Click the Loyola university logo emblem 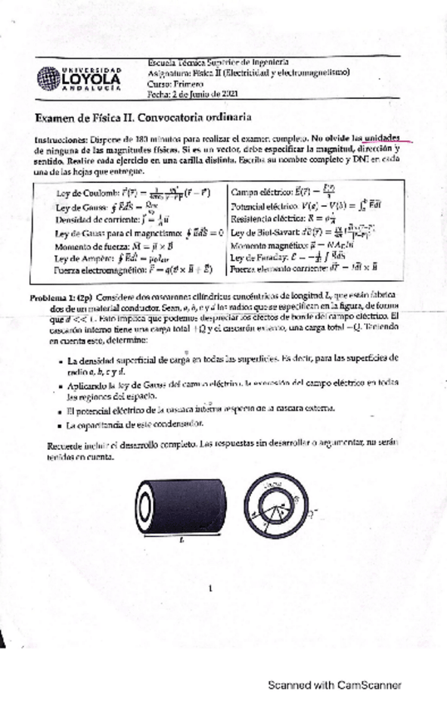50,78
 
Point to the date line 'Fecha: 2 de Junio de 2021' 193,96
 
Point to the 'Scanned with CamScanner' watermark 334,686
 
